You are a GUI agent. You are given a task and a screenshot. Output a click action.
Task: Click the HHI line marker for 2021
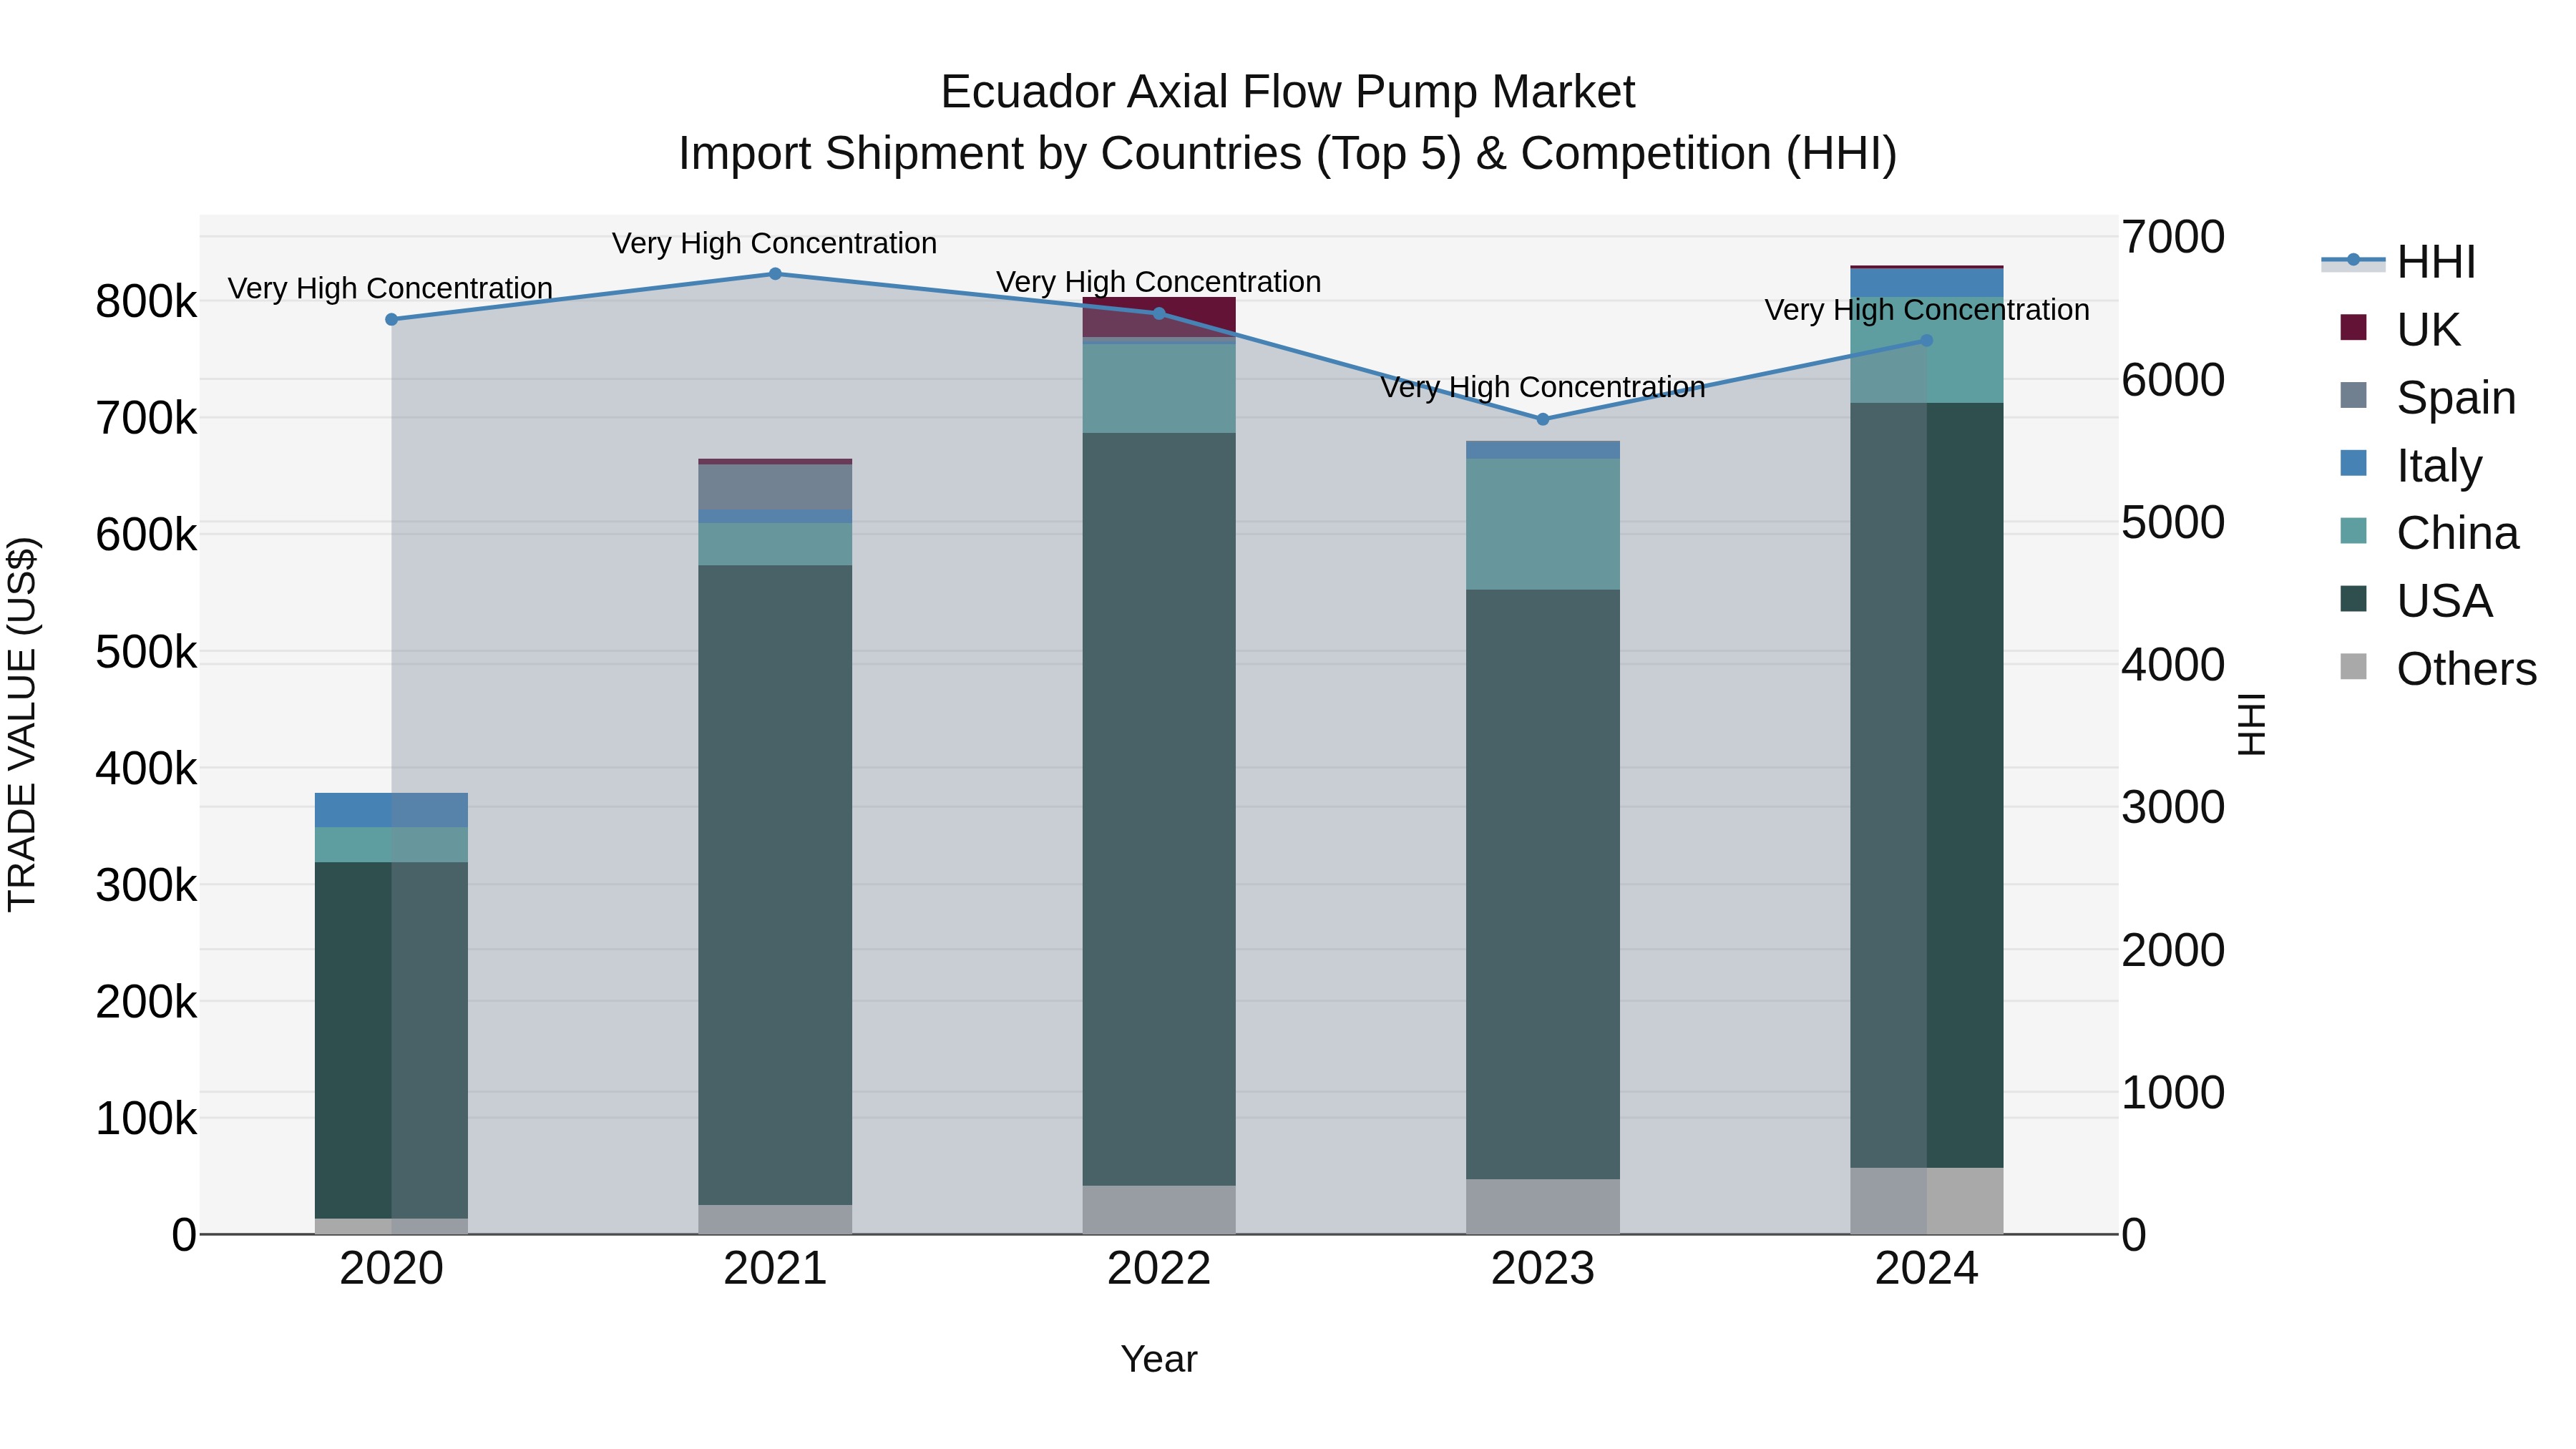775,274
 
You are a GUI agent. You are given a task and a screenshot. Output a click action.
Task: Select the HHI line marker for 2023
1542,419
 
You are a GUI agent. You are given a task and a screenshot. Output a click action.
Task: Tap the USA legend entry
2443,602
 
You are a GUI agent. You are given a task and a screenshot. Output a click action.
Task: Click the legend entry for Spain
2455,398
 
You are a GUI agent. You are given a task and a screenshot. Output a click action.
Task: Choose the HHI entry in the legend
2435,262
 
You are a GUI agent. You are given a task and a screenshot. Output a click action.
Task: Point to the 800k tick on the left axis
146,302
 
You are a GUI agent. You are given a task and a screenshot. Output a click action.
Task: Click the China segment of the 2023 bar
1542,524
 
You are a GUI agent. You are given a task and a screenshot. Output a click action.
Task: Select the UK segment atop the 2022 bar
1159,316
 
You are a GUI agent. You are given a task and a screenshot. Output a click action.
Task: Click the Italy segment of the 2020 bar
391,810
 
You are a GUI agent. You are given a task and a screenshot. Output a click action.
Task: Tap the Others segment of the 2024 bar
1926,1200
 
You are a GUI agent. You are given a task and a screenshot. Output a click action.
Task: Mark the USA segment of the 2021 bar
775,885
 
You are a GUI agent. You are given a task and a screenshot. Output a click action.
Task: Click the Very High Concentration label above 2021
774,244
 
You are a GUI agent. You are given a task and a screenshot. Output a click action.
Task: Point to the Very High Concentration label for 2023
1542,388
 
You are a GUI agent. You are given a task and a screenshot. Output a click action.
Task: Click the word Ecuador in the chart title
1027,93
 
